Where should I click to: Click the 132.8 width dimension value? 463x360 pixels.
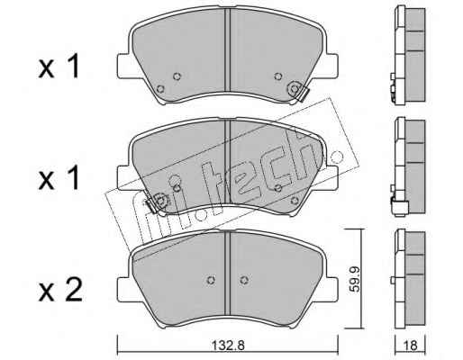(x=228, y=346)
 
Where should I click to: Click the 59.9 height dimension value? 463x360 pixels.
(x=356, y=278)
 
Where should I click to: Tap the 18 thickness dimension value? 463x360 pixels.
(x=410, y=346)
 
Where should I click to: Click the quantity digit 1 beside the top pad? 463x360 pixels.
(x=74, y=66)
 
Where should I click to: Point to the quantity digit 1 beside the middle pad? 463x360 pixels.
(x=74, y=178)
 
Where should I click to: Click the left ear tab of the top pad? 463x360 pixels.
(x=123, y=66)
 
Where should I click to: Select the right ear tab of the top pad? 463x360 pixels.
(x=332, y=66)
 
